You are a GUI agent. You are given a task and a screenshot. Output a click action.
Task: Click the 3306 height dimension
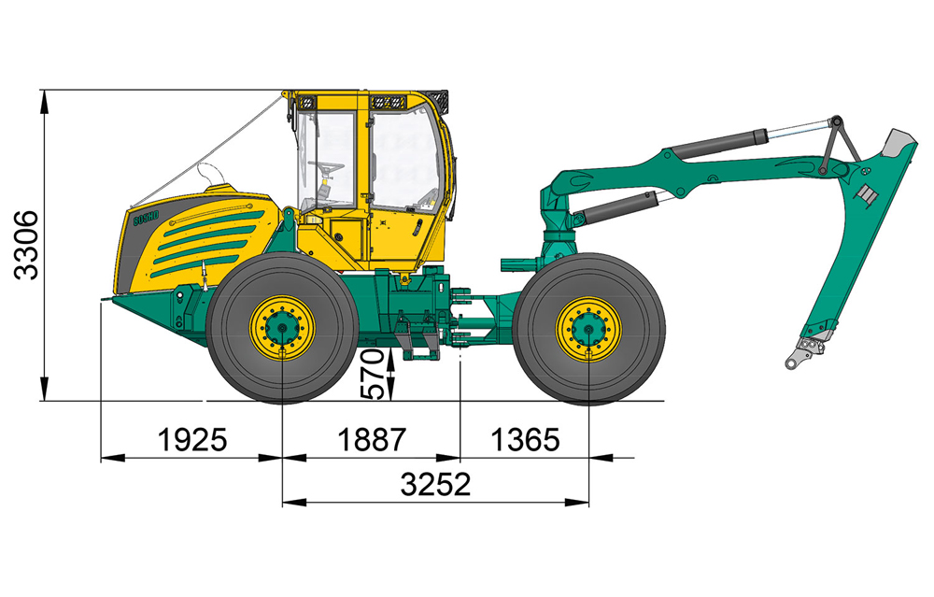pos(26,245)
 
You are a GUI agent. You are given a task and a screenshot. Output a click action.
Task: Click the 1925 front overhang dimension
pos(192,440)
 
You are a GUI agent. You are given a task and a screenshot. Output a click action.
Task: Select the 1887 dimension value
pos(371,440)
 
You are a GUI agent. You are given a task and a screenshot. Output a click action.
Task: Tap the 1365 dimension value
pos(525,440)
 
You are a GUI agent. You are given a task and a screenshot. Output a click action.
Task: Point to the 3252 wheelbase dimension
pos(435,484)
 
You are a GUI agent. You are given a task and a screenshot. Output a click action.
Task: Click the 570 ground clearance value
pos(374,374)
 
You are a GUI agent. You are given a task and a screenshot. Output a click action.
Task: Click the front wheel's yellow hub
pos(282,328)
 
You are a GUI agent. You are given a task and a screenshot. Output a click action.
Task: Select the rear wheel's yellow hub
pos(588,330)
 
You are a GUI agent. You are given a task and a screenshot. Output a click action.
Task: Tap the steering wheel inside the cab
pos(326,166)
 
